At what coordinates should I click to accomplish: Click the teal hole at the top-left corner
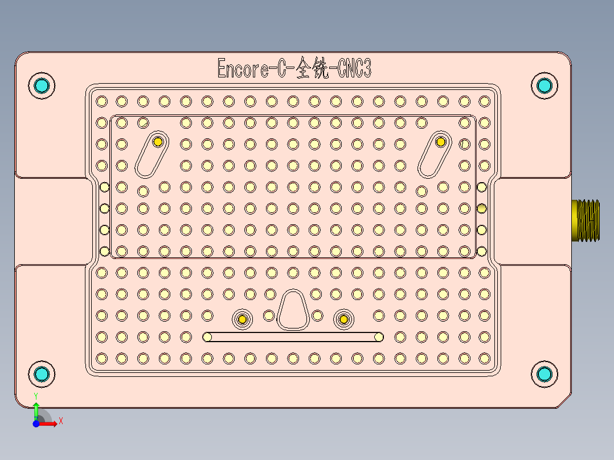[41, 85]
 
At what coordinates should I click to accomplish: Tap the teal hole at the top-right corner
[545, 85]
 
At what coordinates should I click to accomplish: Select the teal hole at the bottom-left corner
[41, 373]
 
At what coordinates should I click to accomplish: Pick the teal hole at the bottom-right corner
[545, 373]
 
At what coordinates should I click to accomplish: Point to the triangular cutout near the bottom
[293, 310]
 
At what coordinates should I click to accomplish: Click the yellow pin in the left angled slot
[158, 142]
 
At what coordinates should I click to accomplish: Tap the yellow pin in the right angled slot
[440, 142]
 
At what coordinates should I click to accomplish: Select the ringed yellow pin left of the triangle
[243, 319]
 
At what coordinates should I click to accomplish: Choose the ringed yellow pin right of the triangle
[343, 319]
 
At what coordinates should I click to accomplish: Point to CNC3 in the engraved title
[354, 69]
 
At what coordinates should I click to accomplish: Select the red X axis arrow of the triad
[51, 424]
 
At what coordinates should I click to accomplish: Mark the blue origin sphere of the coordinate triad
[36, 424]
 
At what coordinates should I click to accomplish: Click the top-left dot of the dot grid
[101, 101]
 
